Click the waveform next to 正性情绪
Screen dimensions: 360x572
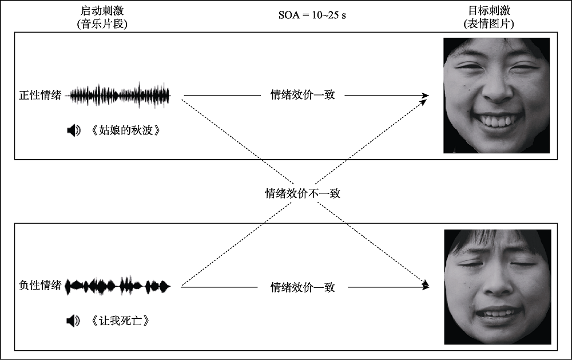click(x=120, y=96)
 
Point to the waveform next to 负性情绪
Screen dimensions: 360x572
click(x=119, y=285)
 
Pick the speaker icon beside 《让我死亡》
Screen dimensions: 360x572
click(x=73, y=321)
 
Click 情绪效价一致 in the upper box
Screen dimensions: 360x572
click(x=303, y=95)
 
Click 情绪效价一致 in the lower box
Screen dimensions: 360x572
click(x=303, y=287)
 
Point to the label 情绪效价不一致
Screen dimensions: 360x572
click(x=303, y=193)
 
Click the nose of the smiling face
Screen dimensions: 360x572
click(x=496, y=89)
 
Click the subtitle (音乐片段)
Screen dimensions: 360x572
click(x=101, y=25)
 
